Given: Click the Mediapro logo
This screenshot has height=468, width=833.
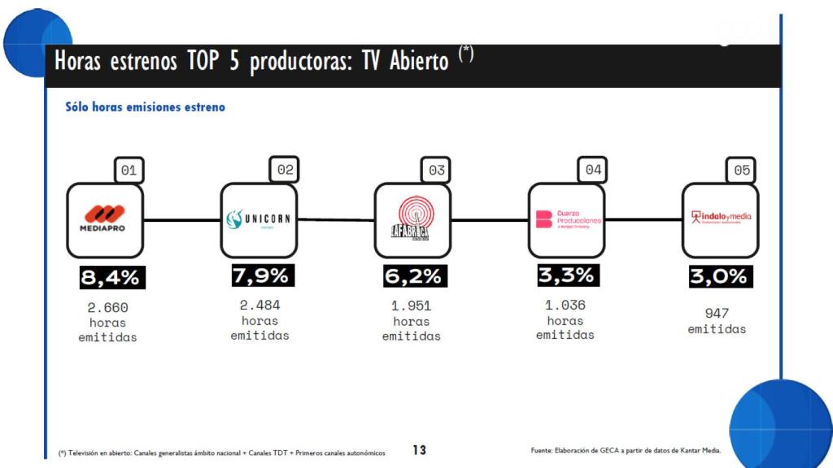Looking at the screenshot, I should coord(104,219).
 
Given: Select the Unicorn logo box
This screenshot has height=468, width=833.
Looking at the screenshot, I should coord(259,219).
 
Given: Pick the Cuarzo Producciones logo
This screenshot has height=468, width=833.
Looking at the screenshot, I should coord(566,219).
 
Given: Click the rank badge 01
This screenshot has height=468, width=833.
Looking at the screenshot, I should coord(129,171).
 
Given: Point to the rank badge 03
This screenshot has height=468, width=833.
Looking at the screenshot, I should coord(437,171).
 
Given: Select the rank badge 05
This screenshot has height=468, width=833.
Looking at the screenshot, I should coord(742,171).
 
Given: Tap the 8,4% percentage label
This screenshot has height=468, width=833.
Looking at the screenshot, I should coord(110,277).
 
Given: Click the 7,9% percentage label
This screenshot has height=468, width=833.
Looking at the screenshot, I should coord(260,275).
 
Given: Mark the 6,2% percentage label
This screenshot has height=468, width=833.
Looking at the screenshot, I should coord(412,276).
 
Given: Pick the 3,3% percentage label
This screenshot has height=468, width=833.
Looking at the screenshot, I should coord(566,275).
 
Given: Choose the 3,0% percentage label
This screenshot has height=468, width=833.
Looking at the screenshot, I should coord(718,276).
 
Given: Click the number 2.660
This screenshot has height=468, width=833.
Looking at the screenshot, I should coord(108,308).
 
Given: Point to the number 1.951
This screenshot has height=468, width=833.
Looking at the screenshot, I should coord(412,306).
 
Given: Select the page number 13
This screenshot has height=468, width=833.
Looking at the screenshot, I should coord(419,449).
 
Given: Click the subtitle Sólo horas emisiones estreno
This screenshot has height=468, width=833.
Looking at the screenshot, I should coord(145,107).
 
